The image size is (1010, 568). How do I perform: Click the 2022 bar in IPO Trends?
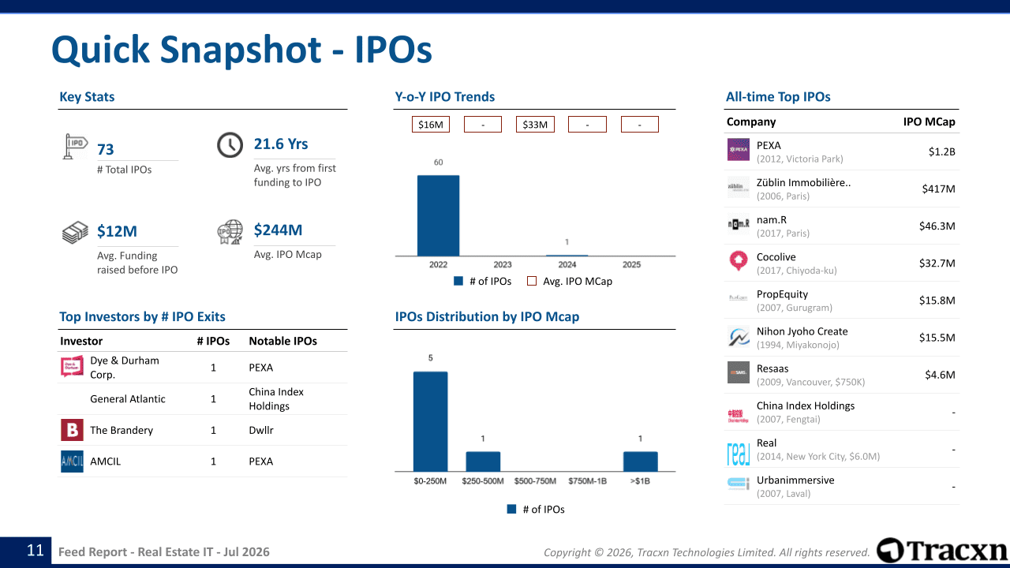tap(438, 215)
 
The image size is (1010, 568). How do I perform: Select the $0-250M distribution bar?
tap(430, 421)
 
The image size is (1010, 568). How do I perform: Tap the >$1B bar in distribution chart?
tap(640, 461)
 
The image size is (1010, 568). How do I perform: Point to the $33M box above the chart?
tap(535, 125)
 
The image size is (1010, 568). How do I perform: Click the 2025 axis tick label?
tap(632, 264)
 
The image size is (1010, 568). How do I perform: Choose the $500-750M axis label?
tap(535, 481)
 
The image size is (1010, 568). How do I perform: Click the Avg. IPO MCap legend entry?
tap(570, 282)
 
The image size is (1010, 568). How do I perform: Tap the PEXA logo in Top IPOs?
tap(738, 150)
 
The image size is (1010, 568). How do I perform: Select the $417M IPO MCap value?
tap(938, 189)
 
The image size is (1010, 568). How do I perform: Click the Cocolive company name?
tap(776, 257)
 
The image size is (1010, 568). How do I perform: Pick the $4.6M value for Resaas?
tap(940, 375)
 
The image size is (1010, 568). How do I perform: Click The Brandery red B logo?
tap(72, 430)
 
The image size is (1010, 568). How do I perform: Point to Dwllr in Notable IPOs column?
tap(261, 430)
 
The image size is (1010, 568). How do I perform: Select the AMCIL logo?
tap(72, 461)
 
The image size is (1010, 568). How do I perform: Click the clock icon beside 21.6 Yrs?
tap(230, 144)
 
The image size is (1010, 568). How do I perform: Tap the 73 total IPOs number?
tap(106, 149)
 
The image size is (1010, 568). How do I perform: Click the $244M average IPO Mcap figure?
tap(278, 230)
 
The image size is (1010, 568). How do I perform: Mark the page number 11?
tap(36, 551)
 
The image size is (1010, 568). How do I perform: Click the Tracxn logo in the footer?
tap(941, 551)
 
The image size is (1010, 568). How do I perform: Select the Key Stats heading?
tap(87, 97)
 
